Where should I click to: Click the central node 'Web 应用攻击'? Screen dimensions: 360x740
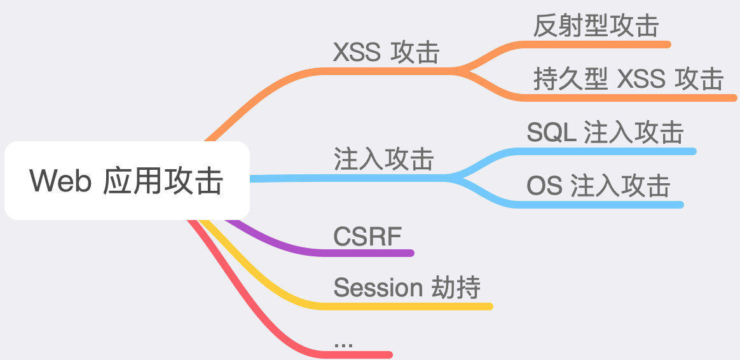click(127, 181)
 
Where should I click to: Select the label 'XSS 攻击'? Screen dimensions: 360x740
click(386, 52)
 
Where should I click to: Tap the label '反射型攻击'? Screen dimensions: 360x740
click(596, 26)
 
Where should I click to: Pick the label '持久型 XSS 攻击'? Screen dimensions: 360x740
click(628, 80)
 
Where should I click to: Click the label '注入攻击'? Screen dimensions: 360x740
click(383, 159)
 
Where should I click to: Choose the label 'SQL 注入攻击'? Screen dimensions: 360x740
click(605, 132)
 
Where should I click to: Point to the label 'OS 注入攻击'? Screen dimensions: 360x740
click(598, 186)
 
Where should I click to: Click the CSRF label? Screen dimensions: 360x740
click(367, 237)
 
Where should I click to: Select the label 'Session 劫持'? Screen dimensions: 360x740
click(406, 287)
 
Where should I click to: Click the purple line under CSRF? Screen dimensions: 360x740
click(369, 253)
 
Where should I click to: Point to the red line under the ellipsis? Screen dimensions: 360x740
click(356, 354)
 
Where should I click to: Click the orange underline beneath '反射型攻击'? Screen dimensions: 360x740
click(598, 44)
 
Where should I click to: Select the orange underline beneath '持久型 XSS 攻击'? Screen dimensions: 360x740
click(629, 98)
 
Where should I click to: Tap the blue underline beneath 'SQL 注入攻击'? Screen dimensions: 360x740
click(610, 151)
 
